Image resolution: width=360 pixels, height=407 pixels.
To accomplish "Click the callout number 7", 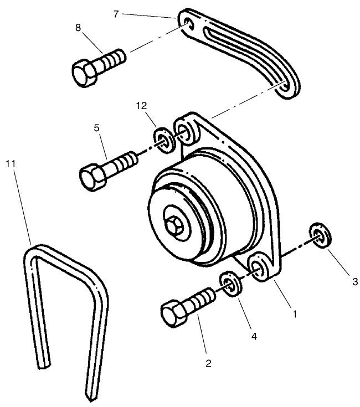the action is (116, 13).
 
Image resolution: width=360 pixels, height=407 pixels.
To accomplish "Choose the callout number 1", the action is (295, 313).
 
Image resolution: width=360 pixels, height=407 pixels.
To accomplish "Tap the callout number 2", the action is (208, 364).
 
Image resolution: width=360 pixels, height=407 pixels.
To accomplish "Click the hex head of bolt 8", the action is (85, 71).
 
